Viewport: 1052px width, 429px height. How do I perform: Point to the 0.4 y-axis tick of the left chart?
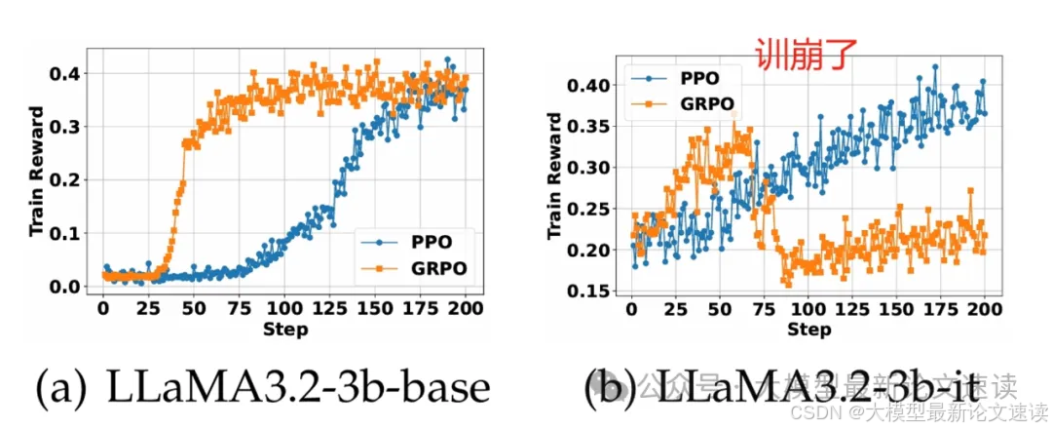tap(72, 74)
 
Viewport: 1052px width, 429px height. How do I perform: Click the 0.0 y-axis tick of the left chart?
tap(72, 287)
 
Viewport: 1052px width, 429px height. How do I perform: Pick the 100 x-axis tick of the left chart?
tap(285, 308)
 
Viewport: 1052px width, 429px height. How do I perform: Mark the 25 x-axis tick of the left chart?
tap(149, 308)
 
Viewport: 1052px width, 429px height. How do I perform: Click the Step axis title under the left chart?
tap(285, 330)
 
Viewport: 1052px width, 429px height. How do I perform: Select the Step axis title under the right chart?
tap(808, 330)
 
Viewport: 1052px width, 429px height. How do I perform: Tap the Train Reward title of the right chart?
tap(554, 175)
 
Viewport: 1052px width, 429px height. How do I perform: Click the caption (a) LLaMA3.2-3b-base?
tap(263, 389)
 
